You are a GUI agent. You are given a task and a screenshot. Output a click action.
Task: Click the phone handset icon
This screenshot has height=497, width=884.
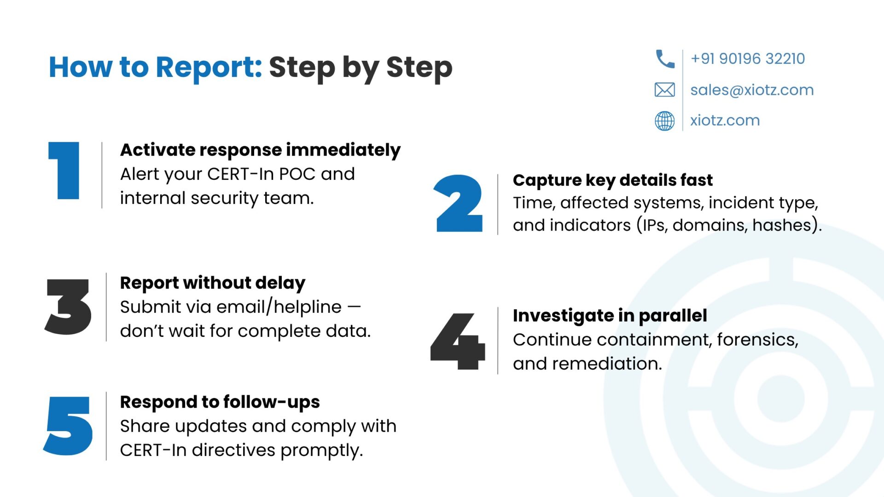[x=665, y=59]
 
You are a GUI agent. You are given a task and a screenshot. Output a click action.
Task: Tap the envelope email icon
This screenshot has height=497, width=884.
[x=665, y=90]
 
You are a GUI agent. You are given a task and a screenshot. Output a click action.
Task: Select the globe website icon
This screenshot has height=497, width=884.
[x=665, y=121]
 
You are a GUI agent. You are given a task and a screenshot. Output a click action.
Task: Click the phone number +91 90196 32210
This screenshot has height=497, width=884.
[x=748, y=59]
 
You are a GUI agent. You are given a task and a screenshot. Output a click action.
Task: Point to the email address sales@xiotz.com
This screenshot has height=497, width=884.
[x=752, y=90]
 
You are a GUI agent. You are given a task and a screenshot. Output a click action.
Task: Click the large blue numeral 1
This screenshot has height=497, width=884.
[x=64, y=170]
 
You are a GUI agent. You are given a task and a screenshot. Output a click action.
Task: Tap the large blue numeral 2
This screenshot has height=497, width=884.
[x=459, y=203]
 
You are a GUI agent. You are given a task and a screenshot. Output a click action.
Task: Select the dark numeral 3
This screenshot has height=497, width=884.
[x=68, y=306]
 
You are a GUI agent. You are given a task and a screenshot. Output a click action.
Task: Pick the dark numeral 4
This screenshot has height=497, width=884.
[x=458, y=341]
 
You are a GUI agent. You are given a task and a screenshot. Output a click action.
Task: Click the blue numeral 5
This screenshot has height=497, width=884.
[x=68, y=426]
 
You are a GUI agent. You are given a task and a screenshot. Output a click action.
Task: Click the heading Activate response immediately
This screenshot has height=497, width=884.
[x=260, y=150]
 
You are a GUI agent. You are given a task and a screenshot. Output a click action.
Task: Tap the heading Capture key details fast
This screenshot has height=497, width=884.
[x=613, y=180]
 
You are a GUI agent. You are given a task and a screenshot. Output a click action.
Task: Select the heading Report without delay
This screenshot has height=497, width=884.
[x=213, y=283]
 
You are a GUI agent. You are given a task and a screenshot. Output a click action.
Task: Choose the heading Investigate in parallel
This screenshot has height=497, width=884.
[x=610, y=316]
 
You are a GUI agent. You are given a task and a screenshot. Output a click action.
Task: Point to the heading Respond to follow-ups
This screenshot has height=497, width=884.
[x=220, y=402]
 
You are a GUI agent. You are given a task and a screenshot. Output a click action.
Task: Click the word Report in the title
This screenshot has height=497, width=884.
[x=209, y=67]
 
